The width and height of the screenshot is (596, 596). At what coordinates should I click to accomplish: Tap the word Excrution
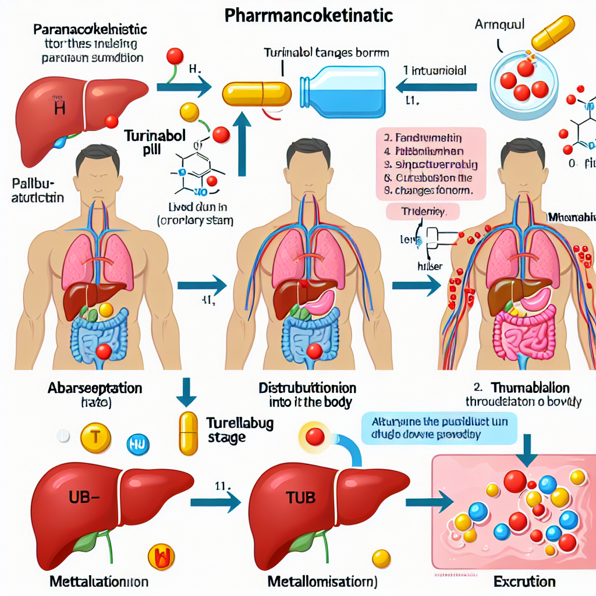point(523,581)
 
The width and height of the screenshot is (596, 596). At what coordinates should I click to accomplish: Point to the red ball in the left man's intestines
point(104,351)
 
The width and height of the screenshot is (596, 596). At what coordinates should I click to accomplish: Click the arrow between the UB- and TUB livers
point(225,501)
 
